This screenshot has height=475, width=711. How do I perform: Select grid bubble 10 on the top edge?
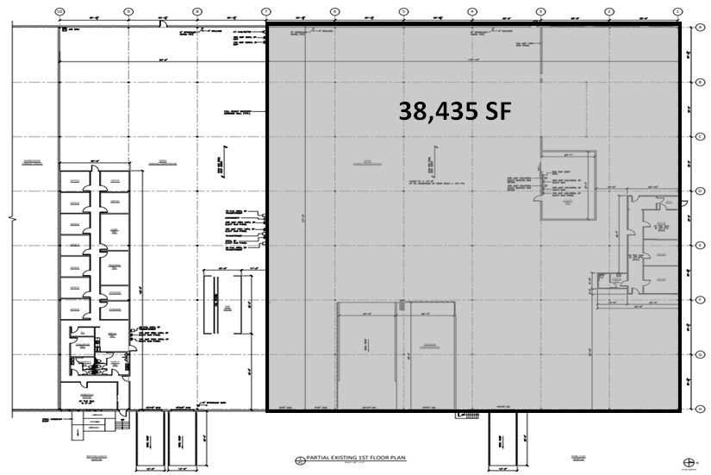coord(59,10)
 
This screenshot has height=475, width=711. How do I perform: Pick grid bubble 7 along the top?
coord(266,10)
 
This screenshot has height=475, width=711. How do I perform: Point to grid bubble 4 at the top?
coord(472,10)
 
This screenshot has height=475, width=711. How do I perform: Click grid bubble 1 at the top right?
coord(677,10)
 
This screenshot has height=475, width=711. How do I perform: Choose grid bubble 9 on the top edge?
coord(128,10)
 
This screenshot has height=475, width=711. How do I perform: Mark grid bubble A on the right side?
coord(702,28)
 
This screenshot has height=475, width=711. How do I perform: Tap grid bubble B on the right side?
coord(702,82)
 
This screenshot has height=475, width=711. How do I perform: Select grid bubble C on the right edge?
coord(702,136)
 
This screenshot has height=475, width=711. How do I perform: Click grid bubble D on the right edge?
coord(702,191)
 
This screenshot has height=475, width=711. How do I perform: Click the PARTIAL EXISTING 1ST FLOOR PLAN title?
coord(349,459)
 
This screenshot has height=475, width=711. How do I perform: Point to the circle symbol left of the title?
coord(299,459)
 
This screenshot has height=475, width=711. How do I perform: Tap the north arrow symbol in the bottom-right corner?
coord(688,461)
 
